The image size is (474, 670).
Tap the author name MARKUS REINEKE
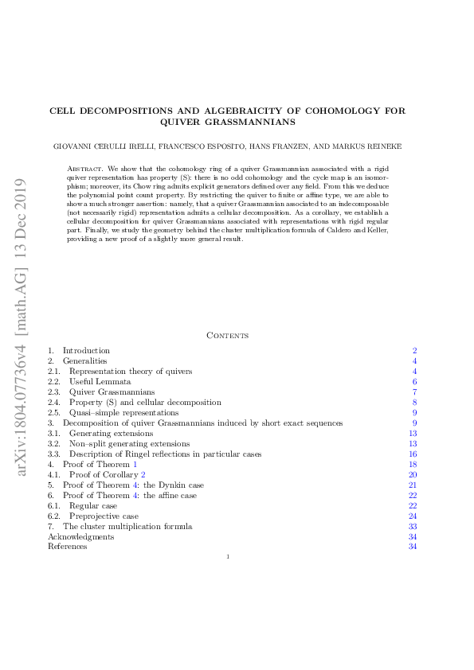372,147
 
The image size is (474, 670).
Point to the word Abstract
85,169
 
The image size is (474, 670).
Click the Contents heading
228,336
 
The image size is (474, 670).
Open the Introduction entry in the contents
86,350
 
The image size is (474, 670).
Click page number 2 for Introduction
414,350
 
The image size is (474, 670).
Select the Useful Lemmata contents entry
100,382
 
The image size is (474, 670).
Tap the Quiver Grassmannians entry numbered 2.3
112,392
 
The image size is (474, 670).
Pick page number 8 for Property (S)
414,403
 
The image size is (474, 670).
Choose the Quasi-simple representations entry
123,413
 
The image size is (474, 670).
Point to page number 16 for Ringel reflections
413,454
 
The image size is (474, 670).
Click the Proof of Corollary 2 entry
108,475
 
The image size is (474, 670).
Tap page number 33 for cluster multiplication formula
413,527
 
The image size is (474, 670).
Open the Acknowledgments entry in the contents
80,537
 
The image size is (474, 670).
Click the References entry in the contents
68,547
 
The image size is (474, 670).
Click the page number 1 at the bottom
228,557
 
